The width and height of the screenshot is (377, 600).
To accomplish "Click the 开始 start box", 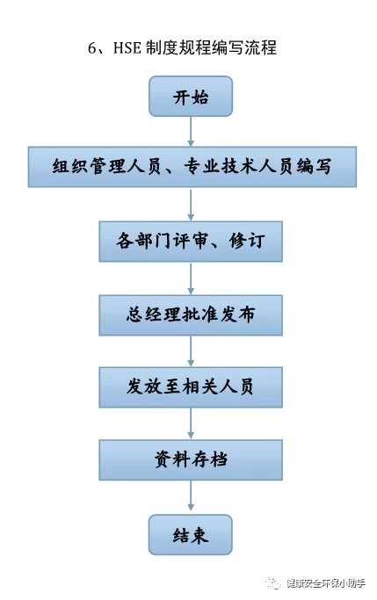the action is [190, 96].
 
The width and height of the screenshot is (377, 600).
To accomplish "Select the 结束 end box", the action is [190, 535].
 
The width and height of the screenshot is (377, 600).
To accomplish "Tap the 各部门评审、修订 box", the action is [191, 242].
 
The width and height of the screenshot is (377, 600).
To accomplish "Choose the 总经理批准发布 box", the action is [191, 315].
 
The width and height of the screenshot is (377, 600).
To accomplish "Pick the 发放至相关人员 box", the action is [191, 387].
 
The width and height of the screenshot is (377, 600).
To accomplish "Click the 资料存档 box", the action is [191, 460].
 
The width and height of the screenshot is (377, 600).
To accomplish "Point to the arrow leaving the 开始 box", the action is [191, 131].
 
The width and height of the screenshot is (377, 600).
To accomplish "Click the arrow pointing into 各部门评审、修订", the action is [191, 204].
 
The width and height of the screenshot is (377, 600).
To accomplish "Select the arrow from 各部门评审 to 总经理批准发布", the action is [191, 278].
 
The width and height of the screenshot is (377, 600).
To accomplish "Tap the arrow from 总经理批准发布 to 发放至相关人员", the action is [191, 351].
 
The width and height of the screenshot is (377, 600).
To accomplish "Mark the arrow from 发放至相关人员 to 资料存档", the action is [191, 423].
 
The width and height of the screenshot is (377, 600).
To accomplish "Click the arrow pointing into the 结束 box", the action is [191, 497].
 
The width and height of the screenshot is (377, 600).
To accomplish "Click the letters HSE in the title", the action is [127, 48].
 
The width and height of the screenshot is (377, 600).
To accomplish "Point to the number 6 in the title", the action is [92, 48].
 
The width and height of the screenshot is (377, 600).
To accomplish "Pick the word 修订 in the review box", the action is [247, 241].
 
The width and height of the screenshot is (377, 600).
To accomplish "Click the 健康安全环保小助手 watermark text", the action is [326, 583].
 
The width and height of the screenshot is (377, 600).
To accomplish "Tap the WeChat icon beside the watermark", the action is [273, 583].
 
